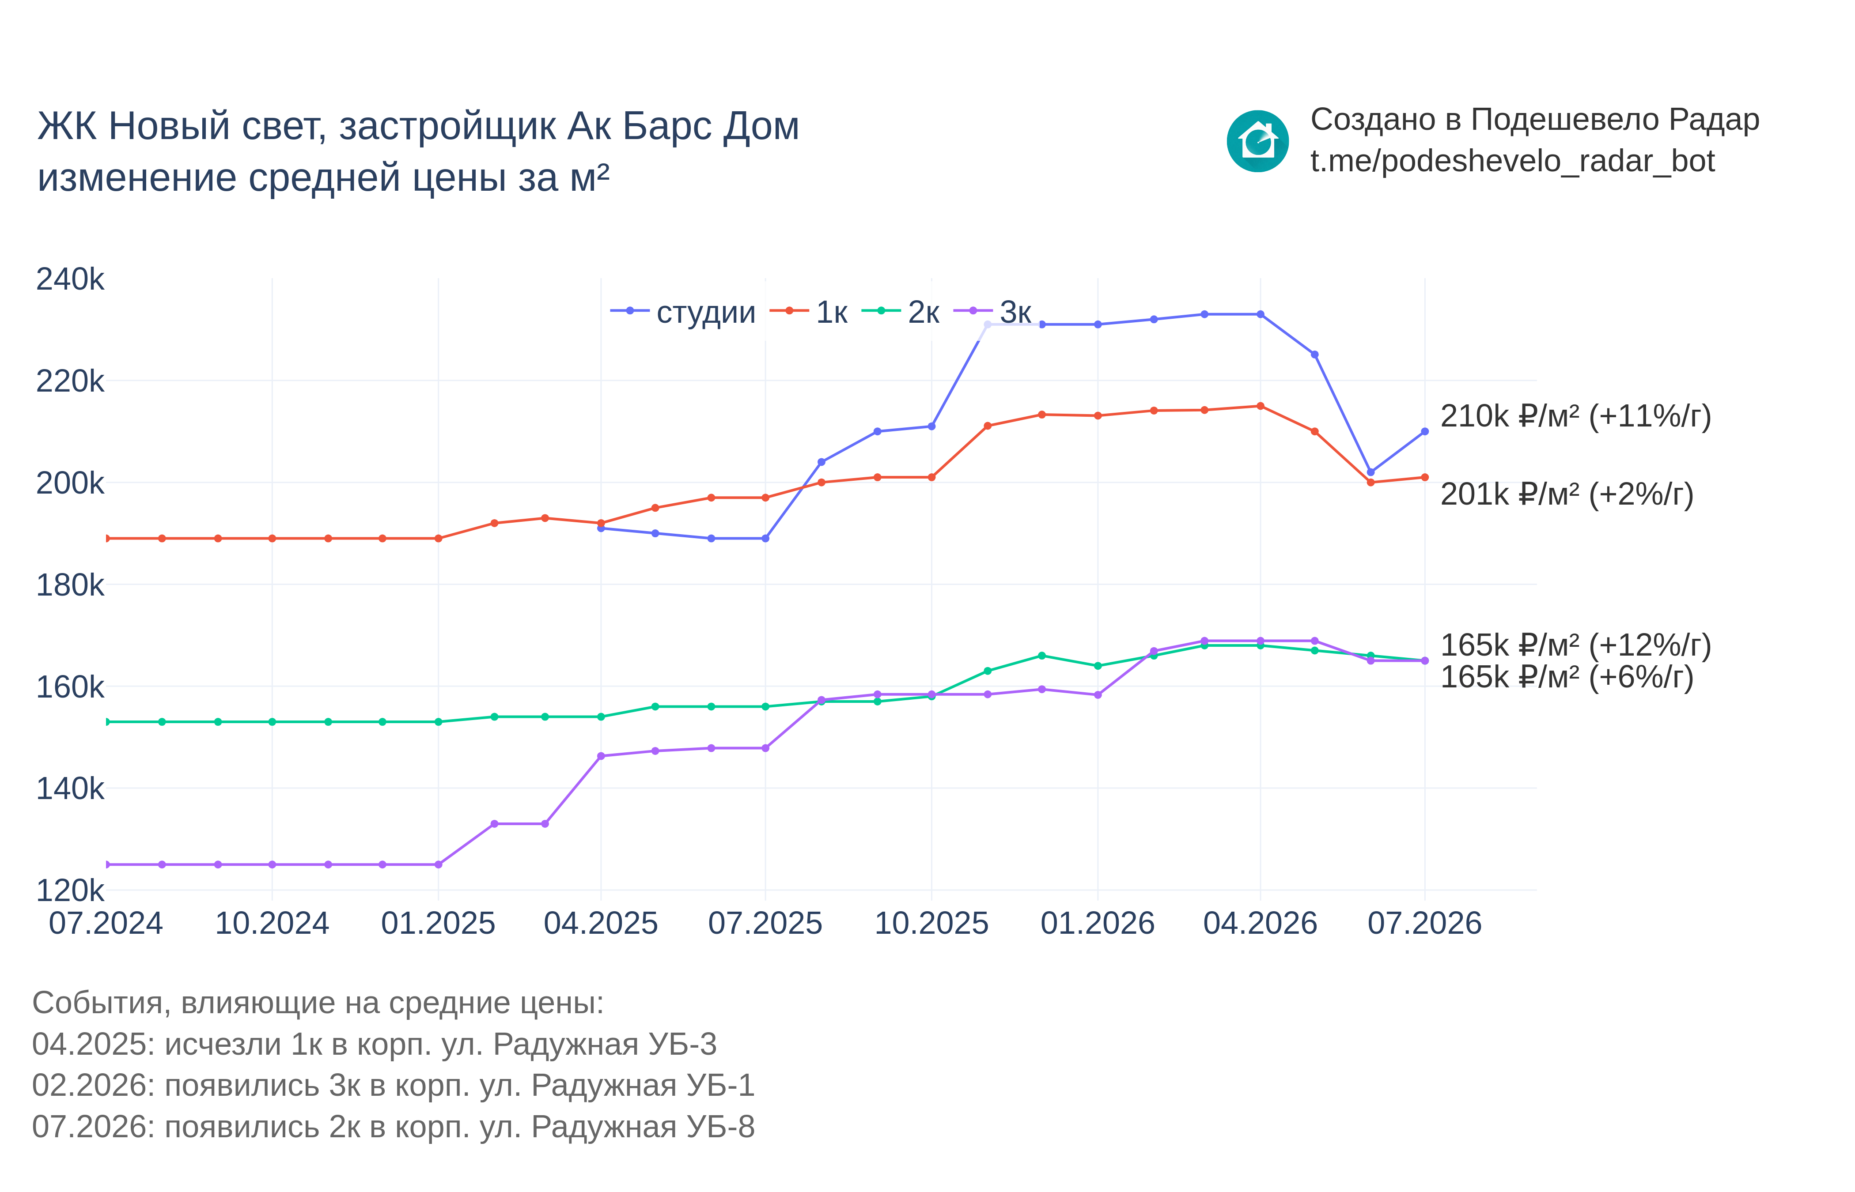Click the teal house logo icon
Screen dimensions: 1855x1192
click(x=1257, y=141)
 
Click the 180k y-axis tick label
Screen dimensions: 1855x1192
click(x=70, y=585)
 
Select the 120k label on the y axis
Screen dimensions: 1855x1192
click(x=70, y=890)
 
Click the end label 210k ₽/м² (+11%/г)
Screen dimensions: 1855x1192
click(x=1575, y=416)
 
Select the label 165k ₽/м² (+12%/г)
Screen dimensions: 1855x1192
click(x=1575, y=645)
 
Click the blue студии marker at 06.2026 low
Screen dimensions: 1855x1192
click(x=1370, y=472)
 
